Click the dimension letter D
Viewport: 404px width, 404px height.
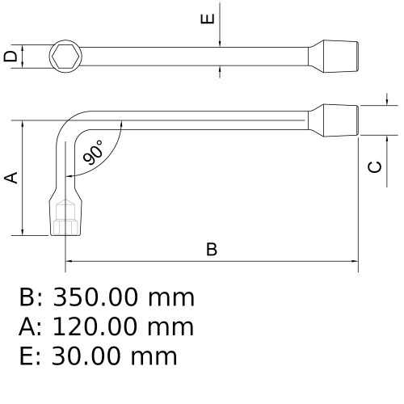[x=10, y=56]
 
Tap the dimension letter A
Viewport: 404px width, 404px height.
[x=11, y=177]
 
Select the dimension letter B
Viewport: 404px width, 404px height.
[x=212, y=249]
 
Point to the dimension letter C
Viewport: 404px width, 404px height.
[x=374, y=166]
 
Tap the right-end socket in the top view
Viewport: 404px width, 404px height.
[x=339, y=56]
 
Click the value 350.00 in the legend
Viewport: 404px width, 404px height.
[x=98, y=298]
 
